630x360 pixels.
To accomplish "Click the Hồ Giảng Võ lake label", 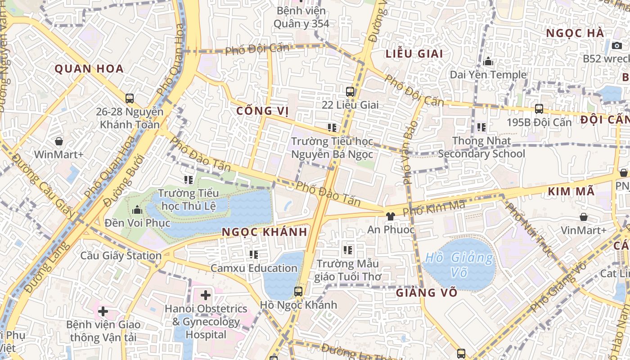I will pyautogui.click(x=459, y=265).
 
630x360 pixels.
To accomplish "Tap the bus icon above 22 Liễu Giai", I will pyautogui.click(x=350, y=92).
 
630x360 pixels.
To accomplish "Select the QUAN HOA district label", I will pyautogui.click(x=89, y=69).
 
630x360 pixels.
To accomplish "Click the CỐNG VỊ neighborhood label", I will pyautogui.click(x=263, y=111).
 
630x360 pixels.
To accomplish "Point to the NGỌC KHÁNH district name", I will pyautogui.click(x=265, y=232).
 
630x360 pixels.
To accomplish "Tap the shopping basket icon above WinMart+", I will pyautogui.click(x=59, y=142).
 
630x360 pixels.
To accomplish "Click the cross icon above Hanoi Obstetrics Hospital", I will pyautogui.click(x=206, y=295).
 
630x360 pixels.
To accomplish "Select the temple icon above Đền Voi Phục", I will pyautogui.click(x=137, y=210).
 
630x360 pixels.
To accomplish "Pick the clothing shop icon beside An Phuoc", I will pyautogui.click(x=390, y=216).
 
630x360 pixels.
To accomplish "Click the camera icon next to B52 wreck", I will pyautogui.click(x=617, y=45).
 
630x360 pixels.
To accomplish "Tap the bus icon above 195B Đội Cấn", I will pyautogui.click(x=539, y=109).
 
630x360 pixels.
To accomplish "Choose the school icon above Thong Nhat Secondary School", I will pyautogui.click(x=481, y=128).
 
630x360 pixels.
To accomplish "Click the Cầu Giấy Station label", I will pyautogui.click(x=121, y=256).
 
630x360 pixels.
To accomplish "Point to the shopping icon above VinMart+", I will pyautogui.click(x=584, y=217).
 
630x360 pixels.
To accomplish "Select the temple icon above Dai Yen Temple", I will pyautogui.click(x=488, y=62).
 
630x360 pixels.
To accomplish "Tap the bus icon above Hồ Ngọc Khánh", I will pyautogui.click(x=298, y=292).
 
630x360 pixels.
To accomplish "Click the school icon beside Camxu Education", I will pyautogui.click(x=254, y=255).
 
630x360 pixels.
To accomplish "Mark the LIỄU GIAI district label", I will pyautogui.click(x=414, y=54).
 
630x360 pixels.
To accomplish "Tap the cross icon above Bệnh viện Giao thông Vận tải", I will pyautogui.click(x=103, y=311).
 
